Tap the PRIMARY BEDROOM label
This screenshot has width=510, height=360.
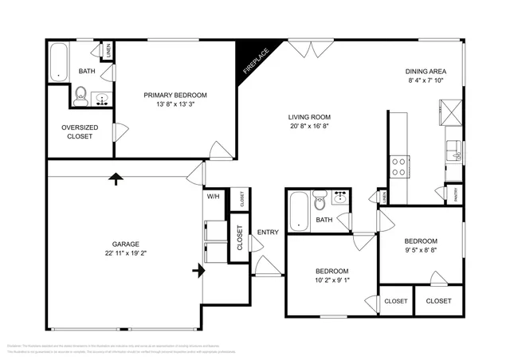[x=175, y=96]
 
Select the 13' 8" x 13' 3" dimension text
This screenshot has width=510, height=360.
[x=175, y=104]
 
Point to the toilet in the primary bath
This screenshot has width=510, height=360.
[x=80, y=97]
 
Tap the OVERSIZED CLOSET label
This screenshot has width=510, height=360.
[x=77, y=131]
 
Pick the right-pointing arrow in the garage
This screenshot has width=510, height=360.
[x=197, y=272]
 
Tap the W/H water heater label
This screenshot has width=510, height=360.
[x=213, y=197]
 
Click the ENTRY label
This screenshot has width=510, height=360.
[x=268, y=233]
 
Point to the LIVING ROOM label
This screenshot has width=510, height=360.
[x=310, y=117]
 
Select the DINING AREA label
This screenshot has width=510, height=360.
[x=427, y=71]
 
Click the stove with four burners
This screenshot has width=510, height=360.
[x=398, y=167]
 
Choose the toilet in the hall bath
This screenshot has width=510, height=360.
[x=320, y=198]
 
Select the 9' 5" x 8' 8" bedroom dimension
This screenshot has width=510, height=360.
[x=420, y=251]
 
